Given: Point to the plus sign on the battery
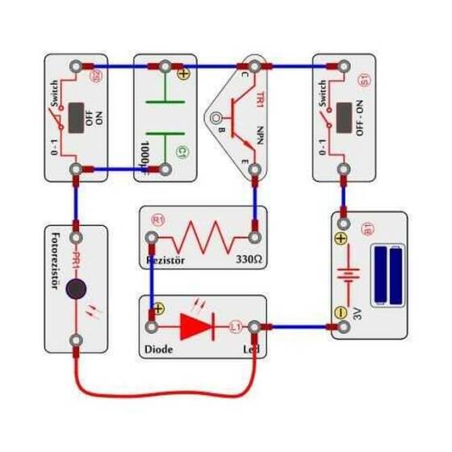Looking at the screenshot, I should pos(341,239).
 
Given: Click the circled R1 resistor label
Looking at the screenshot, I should pos(158,220).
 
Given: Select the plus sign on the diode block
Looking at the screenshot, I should pos(158,308).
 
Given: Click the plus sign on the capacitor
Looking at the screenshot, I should pos(182,73).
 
